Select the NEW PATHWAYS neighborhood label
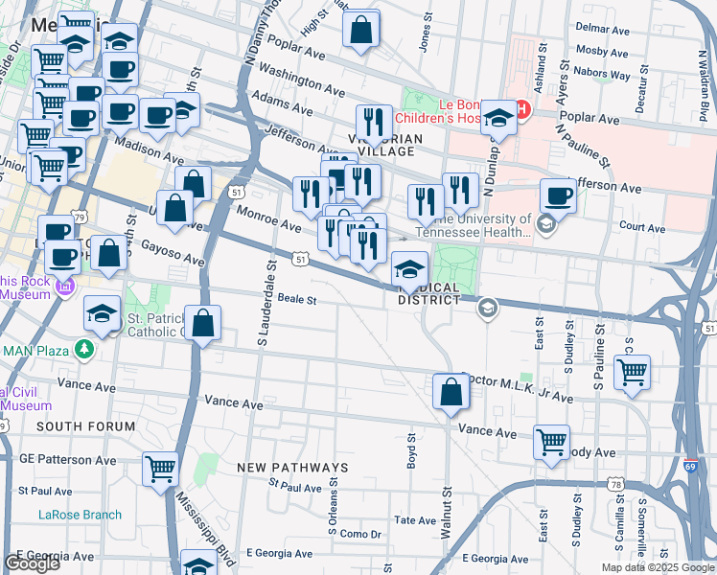click(285, 467)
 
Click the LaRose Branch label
click(80, 515)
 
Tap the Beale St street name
click(296, 299)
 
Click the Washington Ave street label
click(301, 81)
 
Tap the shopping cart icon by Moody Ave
click(551, 442)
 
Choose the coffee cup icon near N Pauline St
click(559, 195)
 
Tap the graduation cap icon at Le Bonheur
click(498, 118)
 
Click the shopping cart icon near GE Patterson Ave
click(160, 469)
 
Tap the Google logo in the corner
click(32, 563)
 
